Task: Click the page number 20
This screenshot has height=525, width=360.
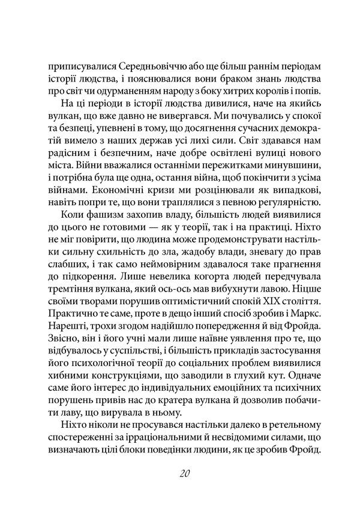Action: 185,474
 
